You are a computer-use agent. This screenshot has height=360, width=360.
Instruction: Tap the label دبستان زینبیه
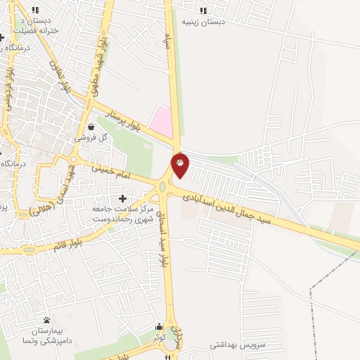pyautogui.click(x=204, y=22)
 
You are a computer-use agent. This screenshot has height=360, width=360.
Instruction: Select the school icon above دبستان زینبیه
pyautogui.click(x=204, y=11)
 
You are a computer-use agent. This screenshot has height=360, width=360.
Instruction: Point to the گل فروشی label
pyautogui.click(x=92, y=138)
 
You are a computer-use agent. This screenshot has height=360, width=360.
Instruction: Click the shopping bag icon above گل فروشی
pyautogui.click(x=91, y=127)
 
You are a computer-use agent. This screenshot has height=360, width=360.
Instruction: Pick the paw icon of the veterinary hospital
pyautogui.click(x=46, y=320)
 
